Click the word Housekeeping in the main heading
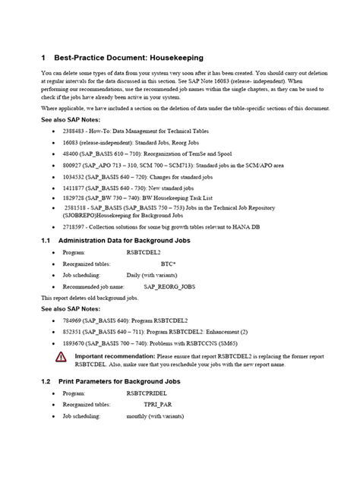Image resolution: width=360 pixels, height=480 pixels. (x=174, y=57)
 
